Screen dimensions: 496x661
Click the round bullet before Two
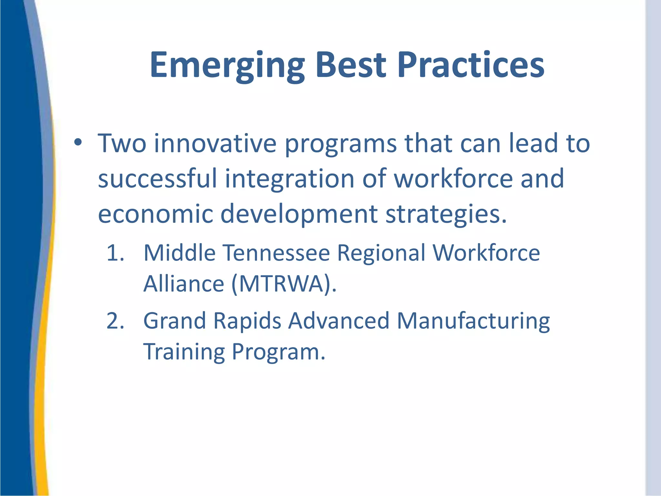tap(78, 142)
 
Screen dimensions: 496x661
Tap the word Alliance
tap(184, 284)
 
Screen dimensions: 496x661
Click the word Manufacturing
tap(473, 321)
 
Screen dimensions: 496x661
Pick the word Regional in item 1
tap(381, 253)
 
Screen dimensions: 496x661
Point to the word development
tap(299, 214)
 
